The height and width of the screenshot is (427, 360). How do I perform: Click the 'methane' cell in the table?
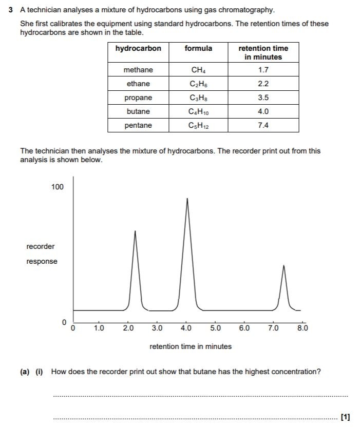[x=138, y=70]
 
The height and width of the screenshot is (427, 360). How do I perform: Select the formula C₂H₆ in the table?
[x=198, y=84]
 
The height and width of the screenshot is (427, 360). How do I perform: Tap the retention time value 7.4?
[x=263, y=125]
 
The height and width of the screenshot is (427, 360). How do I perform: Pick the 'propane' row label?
[x=138, y=98]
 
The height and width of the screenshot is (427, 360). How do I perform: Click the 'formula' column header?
[x=198, y=48]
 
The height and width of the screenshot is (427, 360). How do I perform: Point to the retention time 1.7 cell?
[x=263, y=70]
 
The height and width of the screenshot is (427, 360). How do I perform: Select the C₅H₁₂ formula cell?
[x=198, y=125]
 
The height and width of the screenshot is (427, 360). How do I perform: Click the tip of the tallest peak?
[x=187, y=199]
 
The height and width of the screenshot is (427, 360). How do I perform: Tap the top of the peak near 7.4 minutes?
[x=283, y=266]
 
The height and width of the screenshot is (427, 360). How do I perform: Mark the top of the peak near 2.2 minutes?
[x=135, y=231]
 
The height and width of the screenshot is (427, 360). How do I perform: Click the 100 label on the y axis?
[x=58, y=187]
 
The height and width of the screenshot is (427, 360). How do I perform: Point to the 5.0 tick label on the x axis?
[x=215, y=327]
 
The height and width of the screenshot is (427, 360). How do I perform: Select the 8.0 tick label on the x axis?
[x=302, y=327]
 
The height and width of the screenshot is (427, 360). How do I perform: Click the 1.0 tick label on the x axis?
[x=99, y=327]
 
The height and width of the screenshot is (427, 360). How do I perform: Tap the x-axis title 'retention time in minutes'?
[x=190, y=346]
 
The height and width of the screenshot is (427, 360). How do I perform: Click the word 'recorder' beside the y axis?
[x=41, y=246]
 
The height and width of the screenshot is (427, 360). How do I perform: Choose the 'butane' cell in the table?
[x=138, y=111]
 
